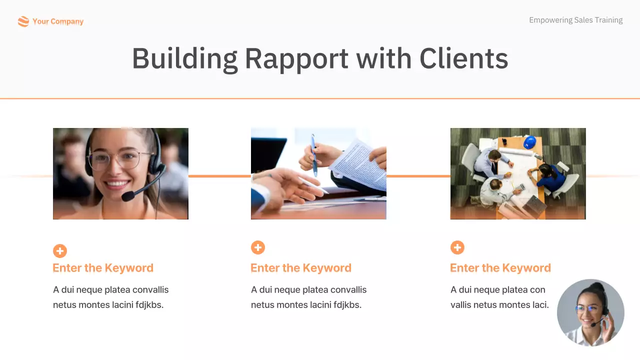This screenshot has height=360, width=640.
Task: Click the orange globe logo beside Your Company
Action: click(23, 21)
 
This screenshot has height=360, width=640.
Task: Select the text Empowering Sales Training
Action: click(575, 20)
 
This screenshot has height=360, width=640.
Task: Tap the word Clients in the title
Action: click(463, 58)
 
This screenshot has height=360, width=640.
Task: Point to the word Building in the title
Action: click(184, 58)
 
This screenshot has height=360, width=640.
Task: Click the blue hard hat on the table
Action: click(530, 142)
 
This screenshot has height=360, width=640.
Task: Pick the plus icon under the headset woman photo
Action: click(60, 251)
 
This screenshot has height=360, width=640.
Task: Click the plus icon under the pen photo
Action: click(258, 247)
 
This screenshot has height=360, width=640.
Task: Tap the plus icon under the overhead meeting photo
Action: click(457, 247)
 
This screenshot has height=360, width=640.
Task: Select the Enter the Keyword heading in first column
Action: click(103, 268)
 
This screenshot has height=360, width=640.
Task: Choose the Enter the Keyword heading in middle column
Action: click(301, 268)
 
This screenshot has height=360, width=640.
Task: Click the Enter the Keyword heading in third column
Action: click(500, 268)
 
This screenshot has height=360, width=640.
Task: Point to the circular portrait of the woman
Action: click(590, 312)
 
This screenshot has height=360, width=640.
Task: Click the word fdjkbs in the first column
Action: click(149, 304)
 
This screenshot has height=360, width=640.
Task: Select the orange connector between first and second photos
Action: click(219, 176)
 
